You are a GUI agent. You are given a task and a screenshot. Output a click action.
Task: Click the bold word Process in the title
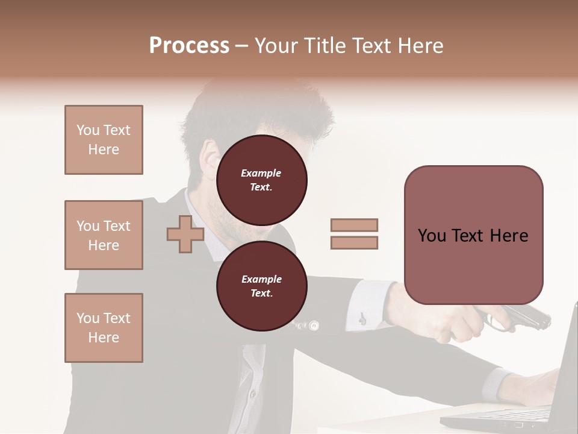189,46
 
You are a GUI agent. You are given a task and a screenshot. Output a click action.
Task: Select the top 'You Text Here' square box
104,140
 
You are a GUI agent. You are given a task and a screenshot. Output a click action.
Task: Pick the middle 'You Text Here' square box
104,235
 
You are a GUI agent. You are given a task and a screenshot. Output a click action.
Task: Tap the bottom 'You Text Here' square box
104,328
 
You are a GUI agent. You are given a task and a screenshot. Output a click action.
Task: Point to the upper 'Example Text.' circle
261,180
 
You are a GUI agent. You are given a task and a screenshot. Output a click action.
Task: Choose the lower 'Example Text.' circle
261,286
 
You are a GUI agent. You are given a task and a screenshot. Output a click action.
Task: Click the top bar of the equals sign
354,225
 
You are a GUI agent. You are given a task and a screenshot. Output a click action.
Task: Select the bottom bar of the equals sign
354,243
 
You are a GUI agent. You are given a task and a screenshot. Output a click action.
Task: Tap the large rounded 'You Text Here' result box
473,235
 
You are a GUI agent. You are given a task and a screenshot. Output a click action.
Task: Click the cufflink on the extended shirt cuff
362,318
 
